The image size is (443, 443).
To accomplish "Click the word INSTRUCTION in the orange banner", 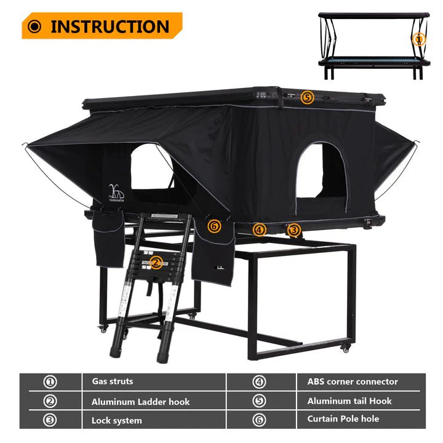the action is coord(110,26).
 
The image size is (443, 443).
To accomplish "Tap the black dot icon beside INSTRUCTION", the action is coord(34,26).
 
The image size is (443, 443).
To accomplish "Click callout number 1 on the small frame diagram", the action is coord(419,39).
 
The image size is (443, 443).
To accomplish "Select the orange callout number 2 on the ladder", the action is coord(156,263).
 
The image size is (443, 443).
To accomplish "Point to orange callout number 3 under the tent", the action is coord(294,230).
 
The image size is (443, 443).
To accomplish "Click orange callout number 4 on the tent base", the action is coord(260,229).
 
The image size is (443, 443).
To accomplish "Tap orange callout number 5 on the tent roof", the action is coord(307,97).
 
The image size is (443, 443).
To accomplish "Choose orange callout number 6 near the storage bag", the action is coord(214,226).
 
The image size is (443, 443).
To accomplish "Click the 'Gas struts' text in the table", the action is coord(113,381).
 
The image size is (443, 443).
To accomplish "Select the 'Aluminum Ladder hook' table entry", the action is coord(140,401).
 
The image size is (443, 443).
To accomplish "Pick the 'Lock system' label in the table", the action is coord(116,420).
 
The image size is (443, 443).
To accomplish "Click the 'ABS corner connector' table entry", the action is coord(353,381).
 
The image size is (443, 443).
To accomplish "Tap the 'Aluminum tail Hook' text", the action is coord(349,401).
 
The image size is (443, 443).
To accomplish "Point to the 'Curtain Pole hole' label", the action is coord(343,419).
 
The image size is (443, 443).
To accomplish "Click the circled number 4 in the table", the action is coord(259,382).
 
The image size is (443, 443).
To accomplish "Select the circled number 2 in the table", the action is coord(50,401).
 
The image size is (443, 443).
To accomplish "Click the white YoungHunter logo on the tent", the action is coord(116,193).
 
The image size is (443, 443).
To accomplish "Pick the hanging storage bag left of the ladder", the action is coord(108,239).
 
